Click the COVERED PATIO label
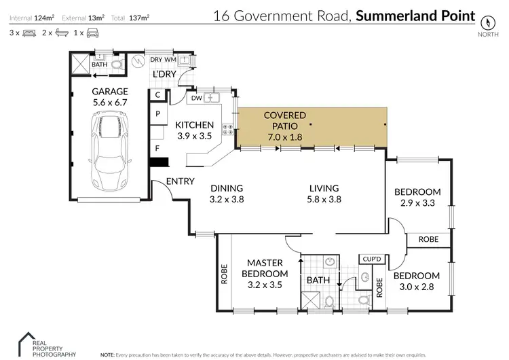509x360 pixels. (x=285, y=116)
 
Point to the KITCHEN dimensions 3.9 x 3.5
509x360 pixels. (x=195, y=136)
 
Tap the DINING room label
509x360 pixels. (x=226, y=189)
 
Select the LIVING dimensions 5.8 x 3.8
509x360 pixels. (x=324, y=200)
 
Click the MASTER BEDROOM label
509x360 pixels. (x=265, y=268)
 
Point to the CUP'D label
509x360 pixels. (x=372, y=259)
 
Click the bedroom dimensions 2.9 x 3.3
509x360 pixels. (x=417, y=202)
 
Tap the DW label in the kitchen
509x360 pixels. (x=196, y=98)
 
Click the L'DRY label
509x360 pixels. (x=164, y=73)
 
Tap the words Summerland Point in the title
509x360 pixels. (x=415, y=15)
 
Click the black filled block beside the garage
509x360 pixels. (x=159, y=164)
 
